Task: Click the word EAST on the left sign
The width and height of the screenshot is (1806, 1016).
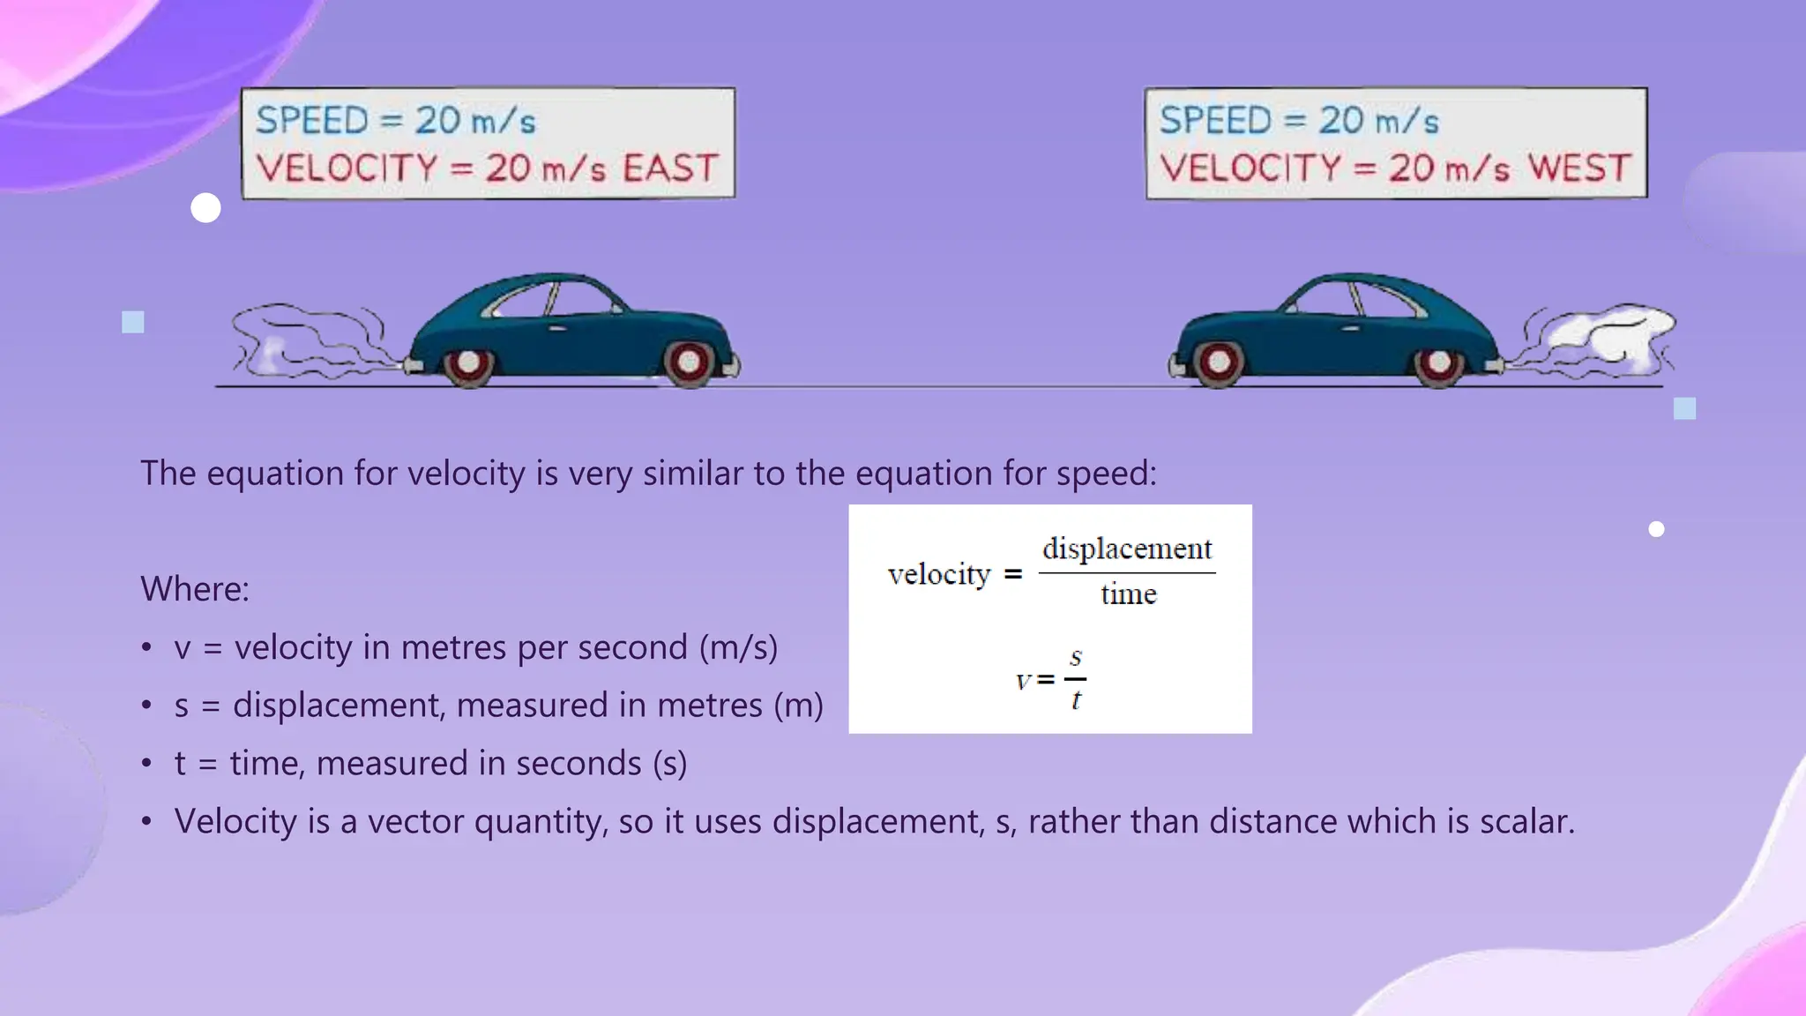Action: click(670, 168)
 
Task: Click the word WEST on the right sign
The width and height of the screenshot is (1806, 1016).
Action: click(1579, 168)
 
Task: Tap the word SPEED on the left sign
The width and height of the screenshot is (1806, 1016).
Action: click(311, 121)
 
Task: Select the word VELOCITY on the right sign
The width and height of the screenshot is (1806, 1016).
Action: click(1251, 168)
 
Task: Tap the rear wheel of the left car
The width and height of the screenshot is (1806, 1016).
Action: click(468, 362)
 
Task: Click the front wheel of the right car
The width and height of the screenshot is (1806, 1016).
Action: click(1218, 362)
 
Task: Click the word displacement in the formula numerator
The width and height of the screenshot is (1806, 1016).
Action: click(1127, 549)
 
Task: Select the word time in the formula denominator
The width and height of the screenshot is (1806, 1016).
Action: click(1128, 594)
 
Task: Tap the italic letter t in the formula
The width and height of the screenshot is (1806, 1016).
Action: click(1076, 701)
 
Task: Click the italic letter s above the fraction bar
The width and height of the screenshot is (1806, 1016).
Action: click(1076, 657)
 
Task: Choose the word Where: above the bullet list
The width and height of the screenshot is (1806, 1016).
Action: click(195, 589)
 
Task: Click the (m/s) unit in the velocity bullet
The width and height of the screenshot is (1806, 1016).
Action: click(738, 647)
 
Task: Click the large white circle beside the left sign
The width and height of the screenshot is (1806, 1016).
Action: click(205, 208)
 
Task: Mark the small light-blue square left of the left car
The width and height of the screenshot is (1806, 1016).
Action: click(133, 322)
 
